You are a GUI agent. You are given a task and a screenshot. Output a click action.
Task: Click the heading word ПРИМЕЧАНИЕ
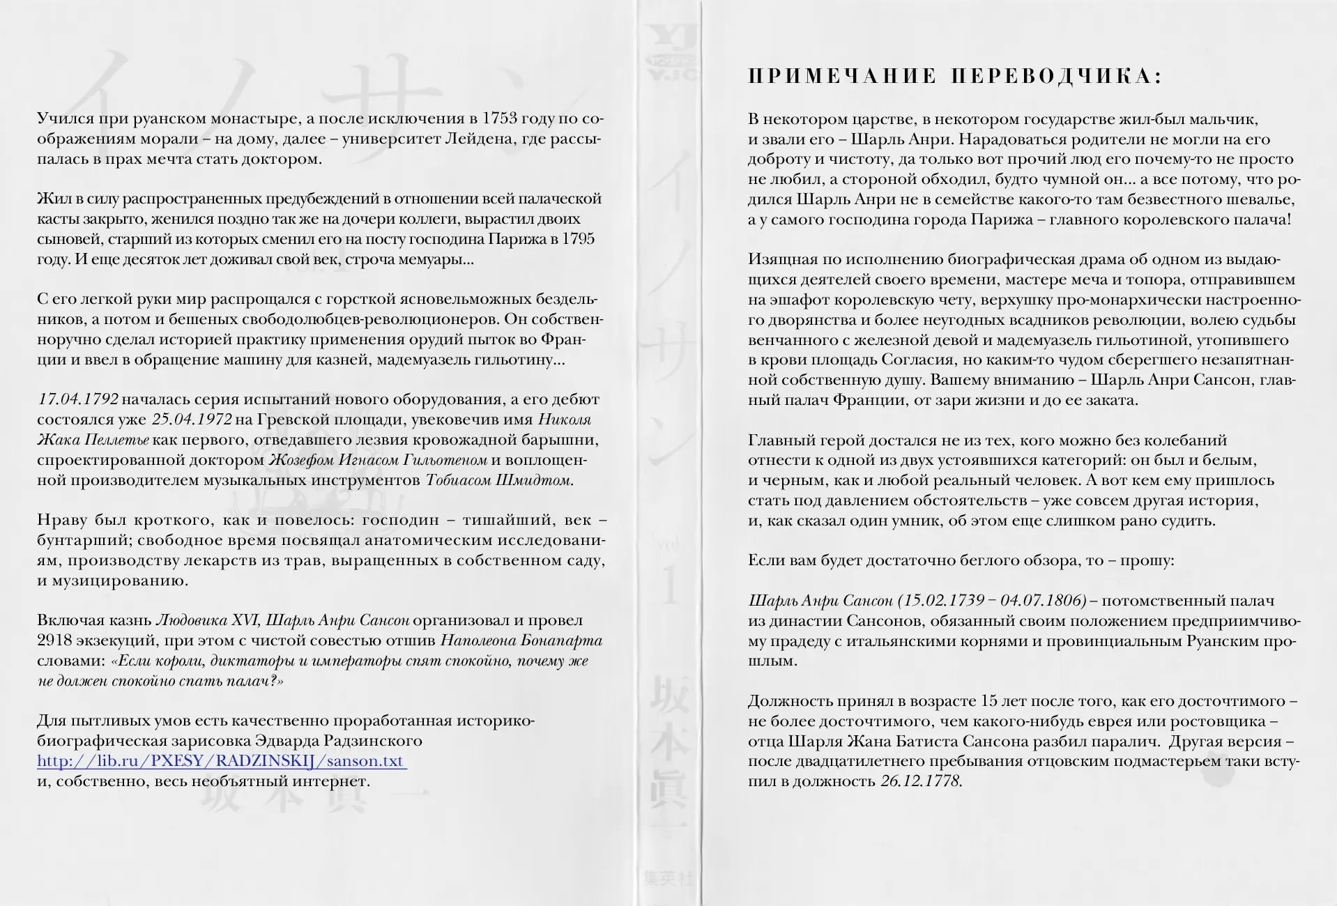click(x=841, y=77)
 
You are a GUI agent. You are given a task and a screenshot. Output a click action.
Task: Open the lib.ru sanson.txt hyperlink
click(x=222, y=760)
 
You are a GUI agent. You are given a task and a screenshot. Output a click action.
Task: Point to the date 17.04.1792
click(x=78, y=399)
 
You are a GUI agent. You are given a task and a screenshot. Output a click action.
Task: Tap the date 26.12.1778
click(x=920, y=781)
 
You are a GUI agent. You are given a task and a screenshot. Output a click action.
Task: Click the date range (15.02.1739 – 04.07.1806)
click(x=992, y=601)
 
